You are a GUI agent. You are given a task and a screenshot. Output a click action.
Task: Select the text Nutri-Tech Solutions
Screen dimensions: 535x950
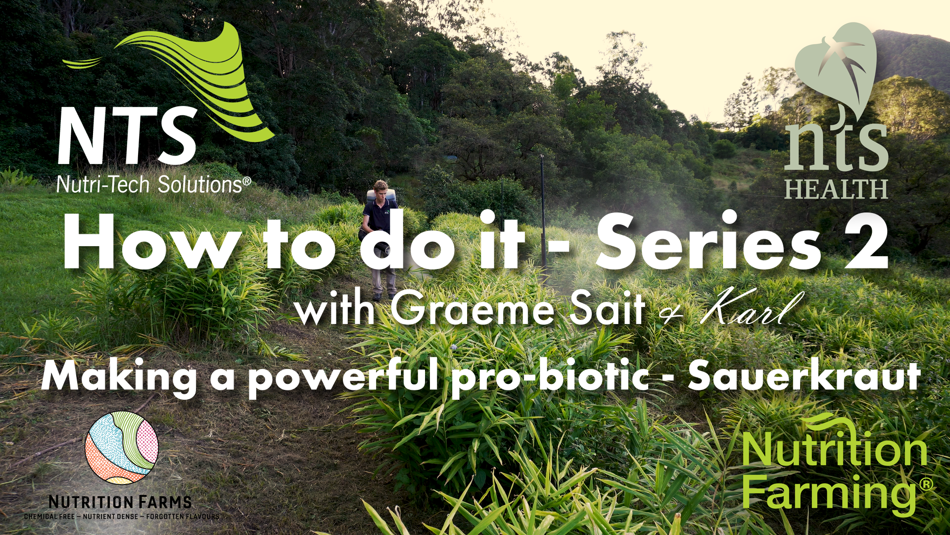coord(153,185)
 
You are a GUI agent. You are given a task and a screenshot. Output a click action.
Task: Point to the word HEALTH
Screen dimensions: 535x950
coord(836,189)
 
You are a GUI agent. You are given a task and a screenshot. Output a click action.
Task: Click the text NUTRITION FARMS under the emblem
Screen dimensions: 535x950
coord(120,502)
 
